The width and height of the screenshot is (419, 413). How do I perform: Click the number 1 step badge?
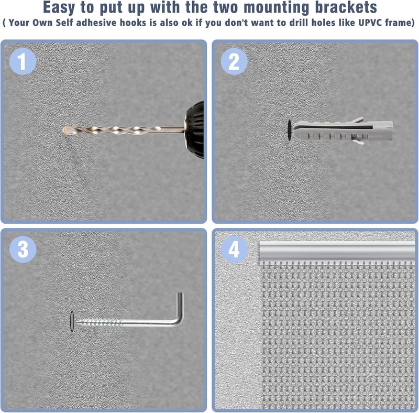pos(23,61)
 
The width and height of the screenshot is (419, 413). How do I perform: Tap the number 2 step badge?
pos(234,61)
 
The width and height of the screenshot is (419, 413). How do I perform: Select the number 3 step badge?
pos(23,249)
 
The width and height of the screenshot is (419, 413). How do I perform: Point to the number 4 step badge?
pos(234,249)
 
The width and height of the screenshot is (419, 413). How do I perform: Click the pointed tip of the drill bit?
pos(63,131)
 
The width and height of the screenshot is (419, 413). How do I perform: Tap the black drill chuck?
pos(194,130)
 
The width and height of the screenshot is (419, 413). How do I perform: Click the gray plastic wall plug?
pos(344,131)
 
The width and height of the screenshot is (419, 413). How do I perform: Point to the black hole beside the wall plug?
pos(289,131)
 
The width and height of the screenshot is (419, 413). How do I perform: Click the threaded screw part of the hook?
pos(98,323)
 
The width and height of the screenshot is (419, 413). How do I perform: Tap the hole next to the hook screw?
pos(72,321)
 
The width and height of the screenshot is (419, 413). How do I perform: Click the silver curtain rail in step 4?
pos(337,252)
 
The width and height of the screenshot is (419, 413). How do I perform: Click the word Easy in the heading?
pos(59,8)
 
